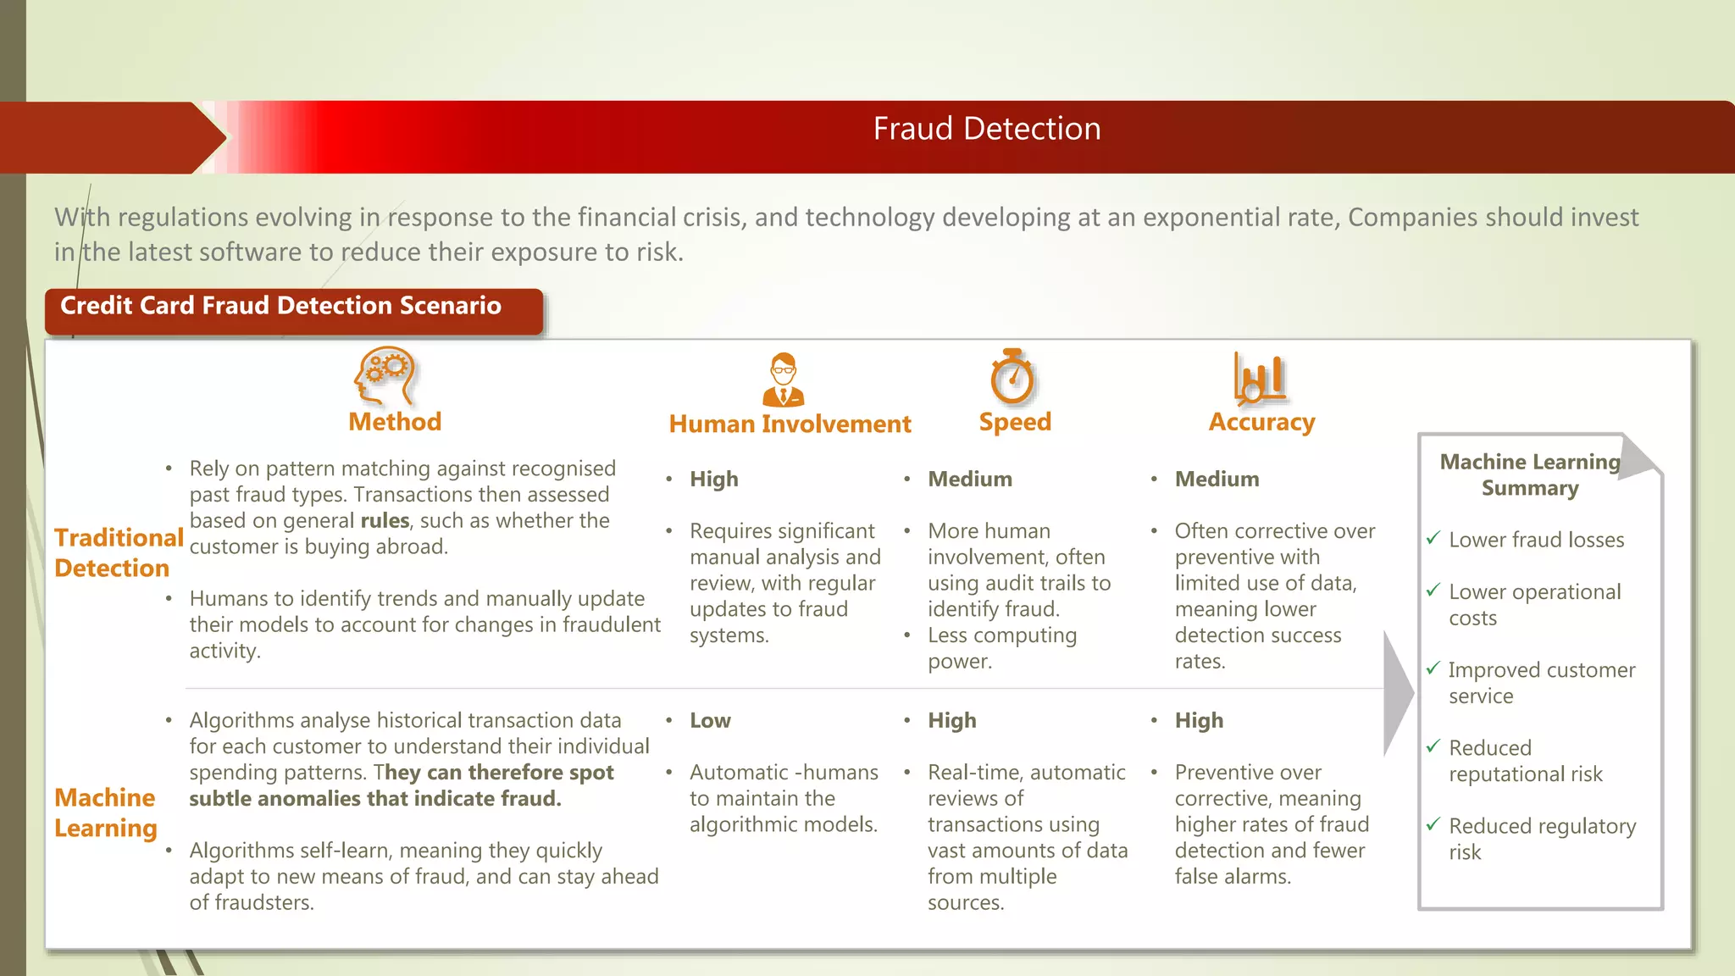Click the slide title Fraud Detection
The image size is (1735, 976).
point(986,129)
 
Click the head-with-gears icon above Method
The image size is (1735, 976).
point(385,376)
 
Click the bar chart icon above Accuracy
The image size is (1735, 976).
point(1259,377)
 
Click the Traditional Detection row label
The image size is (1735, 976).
point(118,552)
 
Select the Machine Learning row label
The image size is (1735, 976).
point(106,812)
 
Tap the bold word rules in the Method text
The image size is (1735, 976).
point(385,520)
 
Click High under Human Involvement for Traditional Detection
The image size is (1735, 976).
point(713,480)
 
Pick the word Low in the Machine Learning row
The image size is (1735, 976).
point(710,721)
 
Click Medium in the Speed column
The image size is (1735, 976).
point(970,480)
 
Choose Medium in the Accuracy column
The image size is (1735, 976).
point(1217,480)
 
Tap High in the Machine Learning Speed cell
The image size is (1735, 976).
point(951,721)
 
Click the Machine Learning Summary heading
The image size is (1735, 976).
point(1529,474)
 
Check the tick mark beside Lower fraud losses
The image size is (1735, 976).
point(1433,538)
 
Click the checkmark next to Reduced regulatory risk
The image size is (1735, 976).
point(1433,823)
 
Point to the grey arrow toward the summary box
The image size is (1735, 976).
point(1397,693)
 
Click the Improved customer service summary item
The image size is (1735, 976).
point(1540,683)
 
